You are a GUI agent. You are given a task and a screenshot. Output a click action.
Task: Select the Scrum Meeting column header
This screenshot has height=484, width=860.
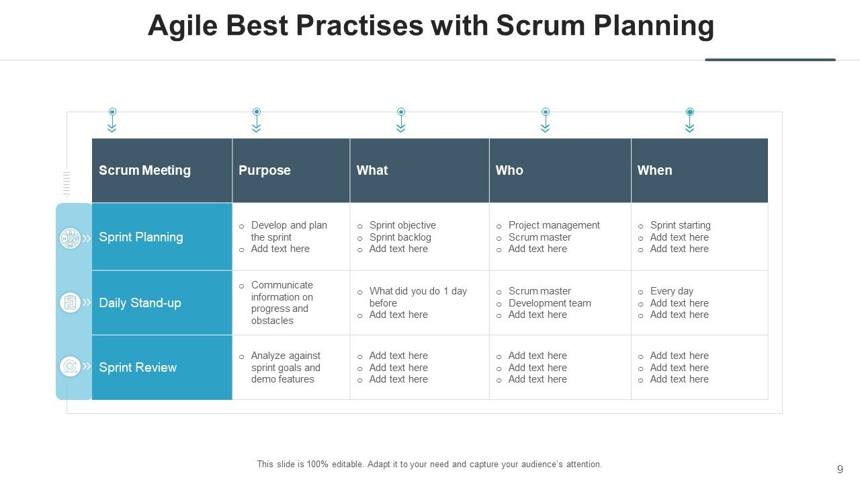(x=144, y=170)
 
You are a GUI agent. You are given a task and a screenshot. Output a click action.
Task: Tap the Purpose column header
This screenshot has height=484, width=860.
(x=265, y=170)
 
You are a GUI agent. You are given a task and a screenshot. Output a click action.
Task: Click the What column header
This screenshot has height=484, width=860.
(x=372, y=170)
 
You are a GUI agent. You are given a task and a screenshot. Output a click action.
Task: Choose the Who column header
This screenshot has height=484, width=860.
(x=509, y=170)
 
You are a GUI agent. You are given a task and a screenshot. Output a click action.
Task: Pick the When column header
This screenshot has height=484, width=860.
(x=654, y=170)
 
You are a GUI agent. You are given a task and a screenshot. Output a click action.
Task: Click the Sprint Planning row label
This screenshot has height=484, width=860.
(x=140, y=237)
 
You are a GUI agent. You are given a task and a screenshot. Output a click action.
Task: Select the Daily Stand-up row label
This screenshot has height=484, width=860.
(x=140, y=302)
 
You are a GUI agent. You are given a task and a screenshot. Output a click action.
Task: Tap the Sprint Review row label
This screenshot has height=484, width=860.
(x=138, y=367)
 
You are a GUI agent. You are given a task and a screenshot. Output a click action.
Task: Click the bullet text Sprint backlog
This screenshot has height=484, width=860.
(x=400, y=237)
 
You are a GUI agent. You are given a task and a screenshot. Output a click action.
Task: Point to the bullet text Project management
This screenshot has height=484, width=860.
(x=554, y=225)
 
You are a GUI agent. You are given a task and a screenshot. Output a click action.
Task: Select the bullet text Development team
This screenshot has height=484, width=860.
(x=550, y=303)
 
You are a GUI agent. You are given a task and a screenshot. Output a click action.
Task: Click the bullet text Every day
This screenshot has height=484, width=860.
(x=671, y=291)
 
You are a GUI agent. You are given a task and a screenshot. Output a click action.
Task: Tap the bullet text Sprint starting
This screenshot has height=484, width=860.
(x=680, y=225)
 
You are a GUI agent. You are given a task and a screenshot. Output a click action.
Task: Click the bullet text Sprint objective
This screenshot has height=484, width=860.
(x=402, y=225)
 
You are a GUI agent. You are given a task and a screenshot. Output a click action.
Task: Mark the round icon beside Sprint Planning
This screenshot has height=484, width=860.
(x=70, y=238)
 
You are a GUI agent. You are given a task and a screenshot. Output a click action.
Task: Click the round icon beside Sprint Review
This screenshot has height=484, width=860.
(x=70, y=366)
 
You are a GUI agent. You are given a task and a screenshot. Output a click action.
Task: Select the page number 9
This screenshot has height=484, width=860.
(x=840, y=469)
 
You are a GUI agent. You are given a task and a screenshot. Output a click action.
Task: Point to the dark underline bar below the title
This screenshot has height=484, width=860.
(x=770, y=60)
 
